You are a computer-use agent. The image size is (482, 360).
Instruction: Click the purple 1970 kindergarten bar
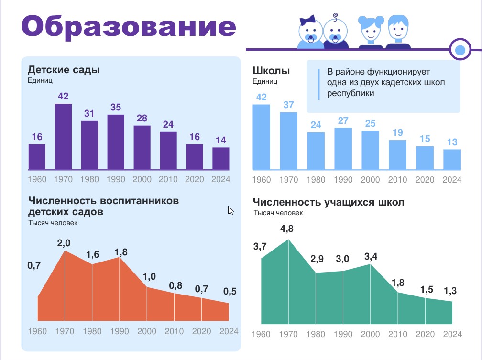(x=63, y=137)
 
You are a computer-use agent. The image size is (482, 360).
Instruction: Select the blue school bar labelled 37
(x=288, y=141)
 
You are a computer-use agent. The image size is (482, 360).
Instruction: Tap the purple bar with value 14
(x=221, y=158)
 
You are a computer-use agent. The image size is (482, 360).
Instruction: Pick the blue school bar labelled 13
(x=452, y=160)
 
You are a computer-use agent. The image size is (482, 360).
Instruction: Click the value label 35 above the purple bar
(x=116, y=108)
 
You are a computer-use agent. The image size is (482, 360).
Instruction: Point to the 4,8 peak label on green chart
(x=287, y=229)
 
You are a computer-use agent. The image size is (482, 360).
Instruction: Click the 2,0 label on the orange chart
(x=64, y=243)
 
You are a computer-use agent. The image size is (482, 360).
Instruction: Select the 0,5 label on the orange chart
(x=230, y=292)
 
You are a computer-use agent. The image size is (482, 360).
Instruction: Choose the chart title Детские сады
(x=64, y=70)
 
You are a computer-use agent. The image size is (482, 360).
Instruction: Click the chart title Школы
(x=271, y=71)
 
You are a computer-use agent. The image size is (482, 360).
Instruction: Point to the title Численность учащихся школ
(x=329, y=202)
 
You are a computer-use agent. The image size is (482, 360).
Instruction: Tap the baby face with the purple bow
(x=308, y=32)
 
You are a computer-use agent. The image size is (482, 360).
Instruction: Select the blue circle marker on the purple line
(x=460, y=49)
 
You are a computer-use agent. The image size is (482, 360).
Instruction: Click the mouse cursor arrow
(x=230, y=210)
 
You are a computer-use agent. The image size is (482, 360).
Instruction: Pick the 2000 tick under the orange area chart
(x=146, y=331)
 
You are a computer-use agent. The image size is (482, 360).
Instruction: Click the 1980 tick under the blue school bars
(x=316, y=180)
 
